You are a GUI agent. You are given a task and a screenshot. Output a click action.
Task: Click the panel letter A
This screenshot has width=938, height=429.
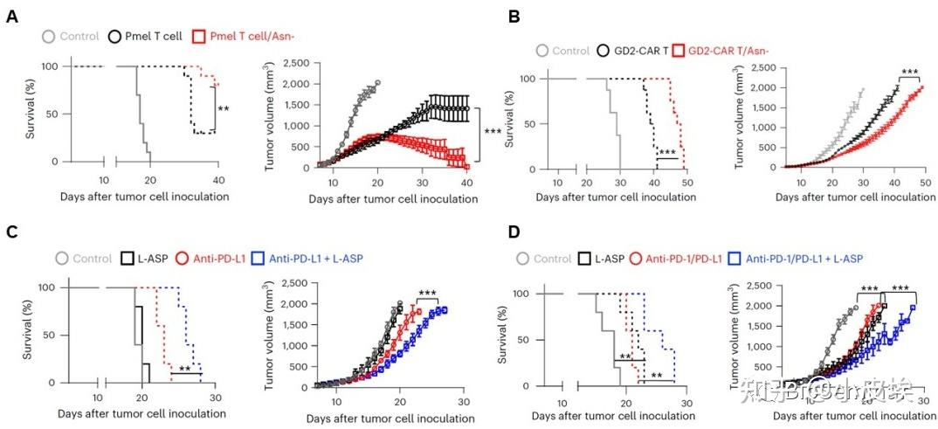click(13, 17)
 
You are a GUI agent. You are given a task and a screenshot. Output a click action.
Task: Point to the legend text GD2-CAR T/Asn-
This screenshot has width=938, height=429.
click(736, 51)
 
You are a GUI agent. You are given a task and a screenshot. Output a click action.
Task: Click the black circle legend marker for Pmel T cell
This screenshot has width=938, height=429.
click(114, 37)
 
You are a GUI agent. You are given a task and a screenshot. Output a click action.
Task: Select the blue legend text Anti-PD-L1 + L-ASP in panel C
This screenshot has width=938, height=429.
click(314, 259)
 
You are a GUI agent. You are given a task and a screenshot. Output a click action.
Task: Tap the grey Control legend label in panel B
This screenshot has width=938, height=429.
click(570, 51)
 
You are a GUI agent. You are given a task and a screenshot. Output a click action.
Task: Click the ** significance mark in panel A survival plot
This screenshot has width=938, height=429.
click(224, 109)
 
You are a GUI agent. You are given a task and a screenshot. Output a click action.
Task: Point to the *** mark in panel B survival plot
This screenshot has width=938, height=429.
click(668, 153)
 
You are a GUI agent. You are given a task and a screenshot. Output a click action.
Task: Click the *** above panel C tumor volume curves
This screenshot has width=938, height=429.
click(428, 294)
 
